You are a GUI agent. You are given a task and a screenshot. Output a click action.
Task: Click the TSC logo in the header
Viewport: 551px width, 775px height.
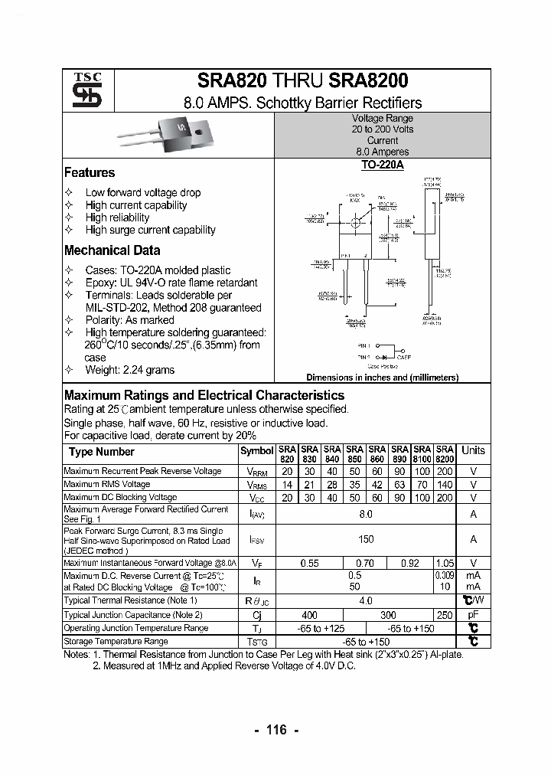(x=82, y=90)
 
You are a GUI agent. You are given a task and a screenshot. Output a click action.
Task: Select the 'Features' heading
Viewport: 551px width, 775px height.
(x=90, y=173)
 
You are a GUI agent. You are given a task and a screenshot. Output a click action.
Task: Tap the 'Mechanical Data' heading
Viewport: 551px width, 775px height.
(x=112, y=250)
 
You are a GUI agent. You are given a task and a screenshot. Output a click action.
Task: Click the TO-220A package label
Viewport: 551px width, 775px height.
(x=382, y=165)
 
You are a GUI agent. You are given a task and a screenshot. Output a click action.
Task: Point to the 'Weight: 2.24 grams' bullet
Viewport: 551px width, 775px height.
(x=129, y=370)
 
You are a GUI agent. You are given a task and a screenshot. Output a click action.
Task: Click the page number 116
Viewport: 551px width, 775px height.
(x=275, y=730)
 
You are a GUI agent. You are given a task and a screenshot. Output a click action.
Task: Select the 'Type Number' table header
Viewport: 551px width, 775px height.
(x=101, y=452)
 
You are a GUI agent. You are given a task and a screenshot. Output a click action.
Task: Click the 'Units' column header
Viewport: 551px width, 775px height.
(x=473, y=450)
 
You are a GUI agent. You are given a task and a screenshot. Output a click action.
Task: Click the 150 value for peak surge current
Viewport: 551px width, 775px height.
(x=366, y=540)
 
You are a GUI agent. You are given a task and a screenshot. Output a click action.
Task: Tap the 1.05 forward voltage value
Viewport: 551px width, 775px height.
(x=445, y=563)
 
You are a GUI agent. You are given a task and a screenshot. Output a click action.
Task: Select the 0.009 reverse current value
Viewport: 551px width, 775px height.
(x=445, y=575)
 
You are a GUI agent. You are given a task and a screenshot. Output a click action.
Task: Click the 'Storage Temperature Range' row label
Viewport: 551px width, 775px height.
(x=116, y=642)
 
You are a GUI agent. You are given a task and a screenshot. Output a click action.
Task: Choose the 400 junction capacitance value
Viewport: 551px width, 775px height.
(x=309, y=615)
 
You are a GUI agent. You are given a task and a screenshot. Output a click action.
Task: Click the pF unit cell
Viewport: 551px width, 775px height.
(x=473, y=615)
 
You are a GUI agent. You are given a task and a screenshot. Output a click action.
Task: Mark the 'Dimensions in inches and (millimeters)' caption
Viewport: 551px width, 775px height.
(x=382, y=378)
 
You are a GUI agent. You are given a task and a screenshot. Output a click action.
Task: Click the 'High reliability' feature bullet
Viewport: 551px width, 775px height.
(x=117, y=217)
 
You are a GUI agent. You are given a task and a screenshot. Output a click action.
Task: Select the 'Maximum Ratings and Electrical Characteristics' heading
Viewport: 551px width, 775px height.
(x=204, y=396)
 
